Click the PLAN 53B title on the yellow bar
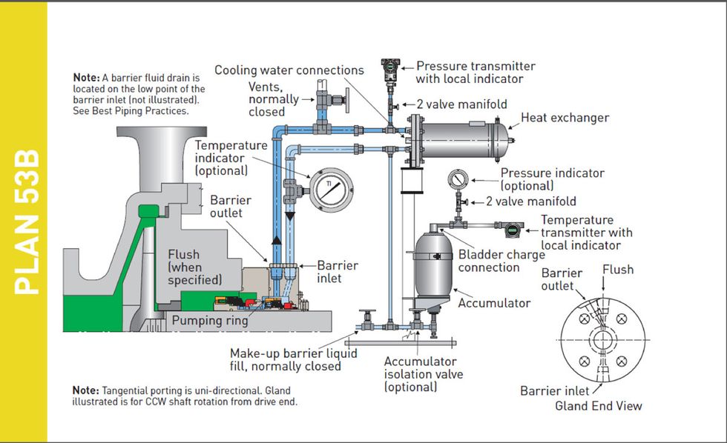pos(25,222)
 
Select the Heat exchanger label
pos(565,118)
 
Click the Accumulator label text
pos(495,303)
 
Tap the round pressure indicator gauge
pos(458,180)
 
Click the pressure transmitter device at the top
pos(387,68)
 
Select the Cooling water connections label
pos(289,70)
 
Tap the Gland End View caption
pos(599,406)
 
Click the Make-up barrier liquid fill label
pos(293,360)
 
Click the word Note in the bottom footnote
pos(85,390)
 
